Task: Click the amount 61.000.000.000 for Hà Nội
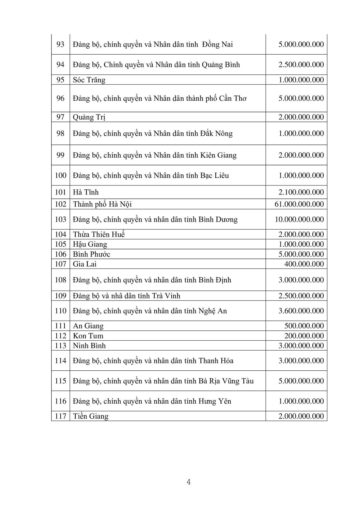[299, 204]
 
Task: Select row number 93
[60, 44]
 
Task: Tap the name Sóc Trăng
[89, 80]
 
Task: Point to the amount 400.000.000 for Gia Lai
[304, 264]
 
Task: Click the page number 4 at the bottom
[189, 482]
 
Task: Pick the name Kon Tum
[88, 336]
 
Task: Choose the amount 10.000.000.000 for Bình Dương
[299, 219]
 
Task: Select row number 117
[60, 416]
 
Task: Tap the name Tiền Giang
[91, 416]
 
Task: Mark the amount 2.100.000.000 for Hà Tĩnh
[301, 192]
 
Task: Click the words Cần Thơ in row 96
[232, 98]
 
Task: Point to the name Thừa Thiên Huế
[99, 234]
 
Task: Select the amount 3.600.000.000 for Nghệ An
[301, 311]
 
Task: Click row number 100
[60, 175]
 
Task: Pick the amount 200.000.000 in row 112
[304, 336]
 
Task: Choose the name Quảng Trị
[89, 117]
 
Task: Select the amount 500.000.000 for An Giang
[304, 326]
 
